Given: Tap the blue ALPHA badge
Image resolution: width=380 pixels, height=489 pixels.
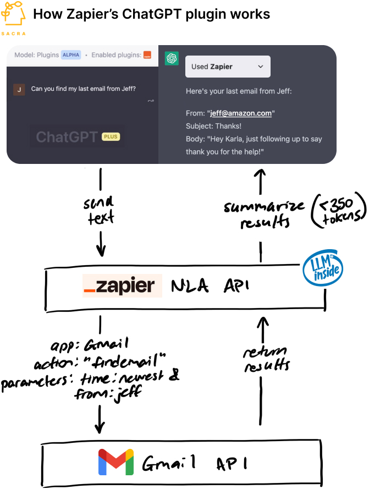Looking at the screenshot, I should [70, 55].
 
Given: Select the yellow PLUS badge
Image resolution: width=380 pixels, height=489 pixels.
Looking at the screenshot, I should [111, 136].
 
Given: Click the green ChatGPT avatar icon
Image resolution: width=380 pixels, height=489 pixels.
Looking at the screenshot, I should [172, 58].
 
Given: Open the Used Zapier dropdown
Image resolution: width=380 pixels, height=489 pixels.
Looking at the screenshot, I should [228, 67].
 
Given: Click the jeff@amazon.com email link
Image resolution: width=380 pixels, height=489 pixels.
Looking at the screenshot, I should [241, 113].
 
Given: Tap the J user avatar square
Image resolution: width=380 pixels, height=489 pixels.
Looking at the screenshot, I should [19, 89].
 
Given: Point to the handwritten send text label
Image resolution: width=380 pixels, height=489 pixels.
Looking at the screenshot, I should [100, 211].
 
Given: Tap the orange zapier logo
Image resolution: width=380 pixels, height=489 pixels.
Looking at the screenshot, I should [122, 286].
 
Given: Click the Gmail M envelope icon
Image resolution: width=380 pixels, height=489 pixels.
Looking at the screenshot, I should [116, 462].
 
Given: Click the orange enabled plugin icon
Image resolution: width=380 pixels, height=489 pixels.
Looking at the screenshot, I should [147, 55].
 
